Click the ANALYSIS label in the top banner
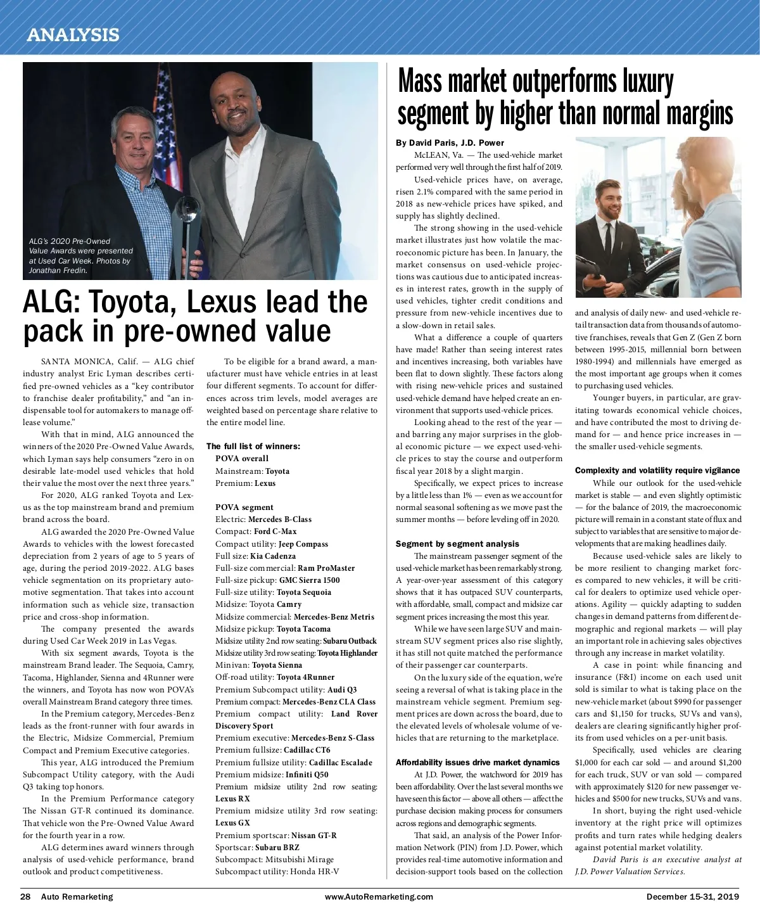pos(73,34)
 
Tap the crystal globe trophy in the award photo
pos(189,210)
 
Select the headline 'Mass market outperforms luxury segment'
pos(564,98)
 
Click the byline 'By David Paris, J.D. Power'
pos(450,143)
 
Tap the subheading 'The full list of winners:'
pos(253,446)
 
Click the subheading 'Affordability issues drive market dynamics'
pos(478,762)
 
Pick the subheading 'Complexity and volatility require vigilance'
pos(657,470)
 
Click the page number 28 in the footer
pos(26,896)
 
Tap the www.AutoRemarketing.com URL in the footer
pos(379,896)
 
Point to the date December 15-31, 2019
pos(692,896)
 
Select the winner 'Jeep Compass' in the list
pos(303,544)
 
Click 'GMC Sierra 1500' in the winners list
pos(309,580)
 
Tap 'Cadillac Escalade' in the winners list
pos(340,762)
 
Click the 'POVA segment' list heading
pos(244,507)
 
